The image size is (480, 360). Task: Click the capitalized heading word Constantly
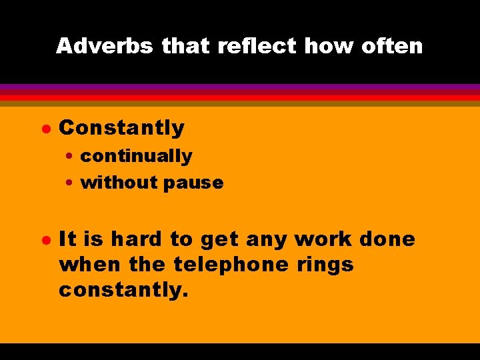pyautogui.click(x=121, y=127)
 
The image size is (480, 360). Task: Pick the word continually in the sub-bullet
pyautogui.click(x=136, y=156)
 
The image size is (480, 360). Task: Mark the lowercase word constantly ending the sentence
pyautogui.click(x=124, y=290)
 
